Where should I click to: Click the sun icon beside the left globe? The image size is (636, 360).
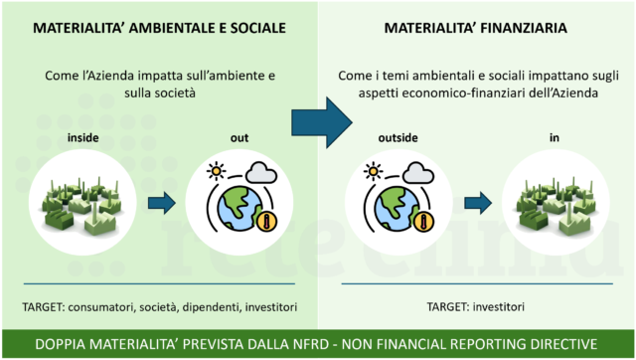[x=215, y=171]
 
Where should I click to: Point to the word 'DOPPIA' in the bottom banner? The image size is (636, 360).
[x=66, y=343]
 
